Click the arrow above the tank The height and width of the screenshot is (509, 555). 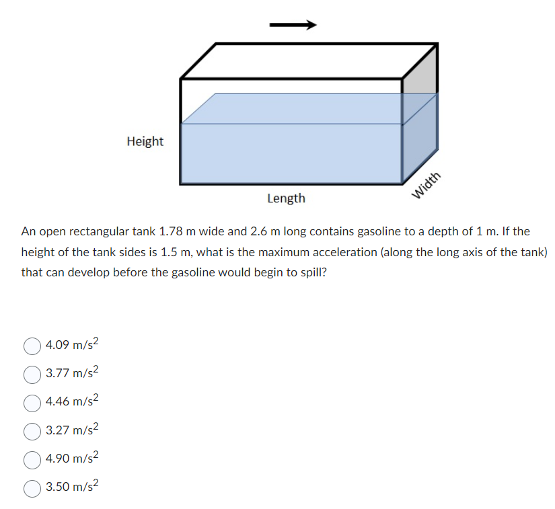pos(293,26)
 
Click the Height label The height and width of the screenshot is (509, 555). pos(145,141)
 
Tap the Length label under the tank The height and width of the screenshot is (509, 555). pos(286,198)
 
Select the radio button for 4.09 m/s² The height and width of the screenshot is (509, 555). pos(32,346)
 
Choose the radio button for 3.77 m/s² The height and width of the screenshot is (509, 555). pos(32,374)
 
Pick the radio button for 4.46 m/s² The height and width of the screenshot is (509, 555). pos(32,403)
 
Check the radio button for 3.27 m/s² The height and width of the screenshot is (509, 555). pos(32,431)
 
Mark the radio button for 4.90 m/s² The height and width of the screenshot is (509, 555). pos(32,460)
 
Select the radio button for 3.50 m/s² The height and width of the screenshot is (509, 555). pos(32,488)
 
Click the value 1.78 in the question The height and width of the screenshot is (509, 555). pos(171,232)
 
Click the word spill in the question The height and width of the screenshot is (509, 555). pos(312,273)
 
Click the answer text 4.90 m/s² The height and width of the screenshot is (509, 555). pos(72,459)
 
